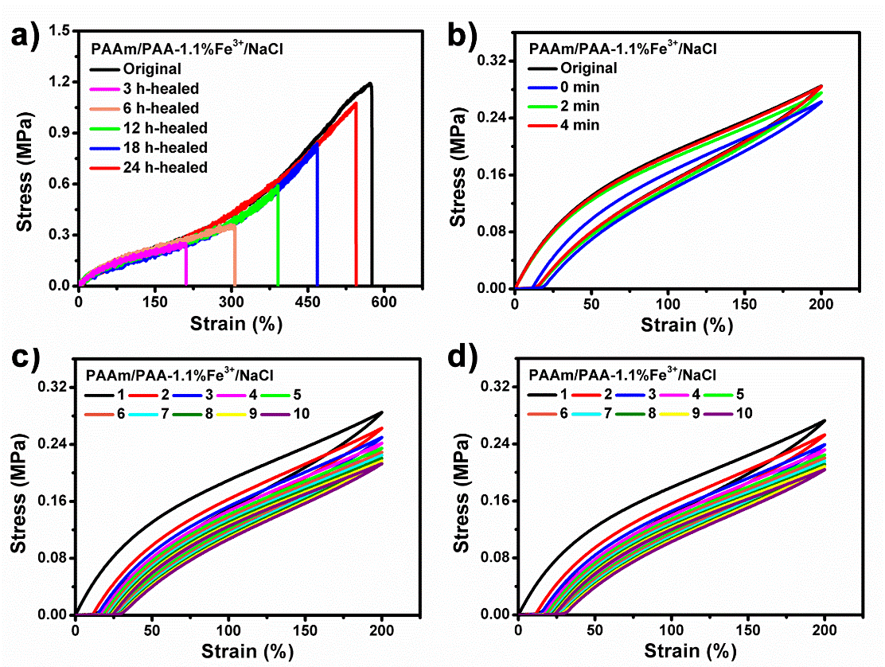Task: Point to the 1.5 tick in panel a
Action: coord(58,31)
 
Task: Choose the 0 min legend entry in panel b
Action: coord(579,87)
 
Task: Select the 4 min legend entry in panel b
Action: coord(580,125)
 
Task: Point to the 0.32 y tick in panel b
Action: coord(492,60)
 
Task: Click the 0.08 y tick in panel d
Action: coord(492,558)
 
